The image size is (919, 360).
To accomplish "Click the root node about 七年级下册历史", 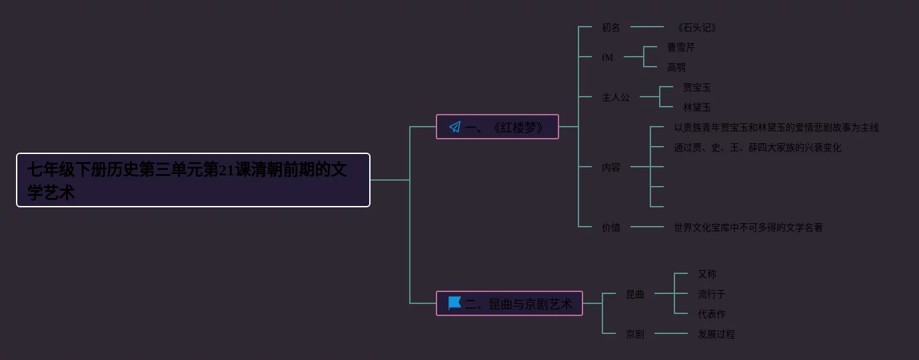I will (x=193, y=180).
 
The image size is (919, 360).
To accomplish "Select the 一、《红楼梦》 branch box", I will (x=497, y=127).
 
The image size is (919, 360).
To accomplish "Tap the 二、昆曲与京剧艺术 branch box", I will (x=509, y=303).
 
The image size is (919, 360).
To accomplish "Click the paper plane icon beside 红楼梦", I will (x=455, y=127).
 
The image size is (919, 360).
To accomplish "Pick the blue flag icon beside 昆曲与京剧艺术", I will (x=455, y=303).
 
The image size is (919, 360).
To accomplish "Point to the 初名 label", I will (x=611, y=27).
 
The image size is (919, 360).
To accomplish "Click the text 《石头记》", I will (x=696, y=27).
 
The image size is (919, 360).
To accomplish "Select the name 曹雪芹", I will (x=681, y=47).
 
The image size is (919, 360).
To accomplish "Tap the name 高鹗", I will (x=676, y=67).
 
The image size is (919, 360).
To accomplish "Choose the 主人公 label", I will (x=616, y=97).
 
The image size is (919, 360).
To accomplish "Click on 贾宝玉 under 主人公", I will (x=697, y=87).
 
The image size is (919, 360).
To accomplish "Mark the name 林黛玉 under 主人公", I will (x=697, y=107).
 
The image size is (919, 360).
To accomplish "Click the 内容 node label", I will (x=611, y=167).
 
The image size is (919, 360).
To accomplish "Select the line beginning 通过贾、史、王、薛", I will (x=758, y=147).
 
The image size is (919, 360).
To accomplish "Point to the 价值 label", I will (x=611, y=227).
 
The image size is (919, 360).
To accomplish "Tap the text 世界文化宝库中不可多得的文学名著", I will (x=748, y=227).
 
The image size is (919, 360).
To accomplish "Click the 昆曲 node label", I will (x=635, y=294).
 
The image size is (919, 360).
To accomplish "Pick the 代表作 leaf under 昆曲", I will (x=712, y=314).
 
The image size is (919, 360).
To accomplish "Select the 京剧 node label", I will (x=635, y=334).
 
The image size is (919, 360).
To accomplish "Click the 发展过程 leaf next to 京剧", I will (x=716, y=334).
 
